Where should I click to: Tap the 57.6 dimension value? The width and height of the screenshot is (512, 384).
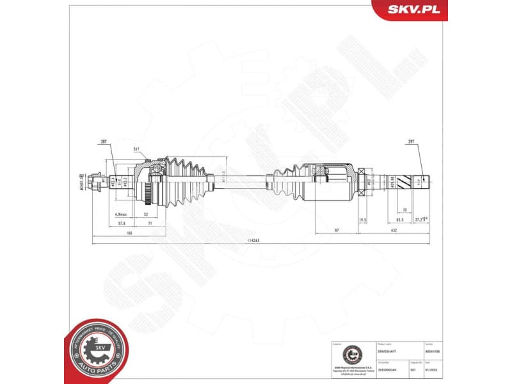click(x=122, y=223)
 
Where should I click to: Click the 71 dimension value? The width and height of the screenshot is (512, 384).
click(x=149, y=223)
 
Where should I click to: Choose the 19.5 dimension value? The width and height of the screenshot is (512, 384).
click(x=363, y=220)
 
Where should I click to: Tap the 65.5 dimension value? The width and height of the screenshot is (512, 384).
click(x=399, y=220)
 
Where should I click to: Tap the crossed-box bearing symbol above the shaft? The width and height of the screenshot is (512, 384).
click(x=361, y=172)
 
